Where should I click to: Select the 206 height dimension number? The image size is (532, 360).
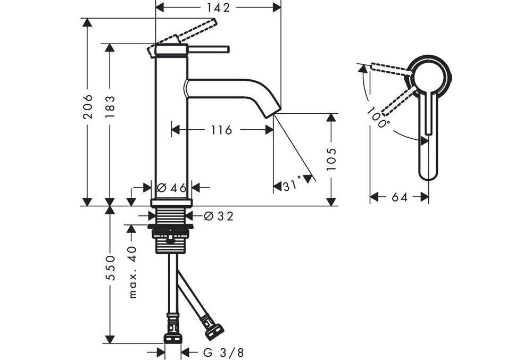coord(88,106)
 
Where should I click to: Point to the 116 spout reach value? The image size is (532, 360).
coord(221,130)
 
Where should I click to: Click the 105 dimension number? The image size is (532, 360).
coord(331,159)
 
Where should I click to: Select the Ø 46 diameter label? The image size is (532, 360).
coord(171,187)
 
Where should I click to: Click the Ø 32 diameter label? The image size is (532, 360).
coord(219,216)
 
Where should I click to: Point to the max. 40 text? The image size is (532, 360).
coord(132,271)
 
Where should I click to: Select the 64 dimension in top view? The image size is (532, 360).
coord(399,197)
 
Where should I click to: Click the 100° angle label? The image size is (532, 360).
coord(378,117)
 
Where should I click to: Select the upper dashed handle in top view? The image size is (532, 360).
coord(388,70)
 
